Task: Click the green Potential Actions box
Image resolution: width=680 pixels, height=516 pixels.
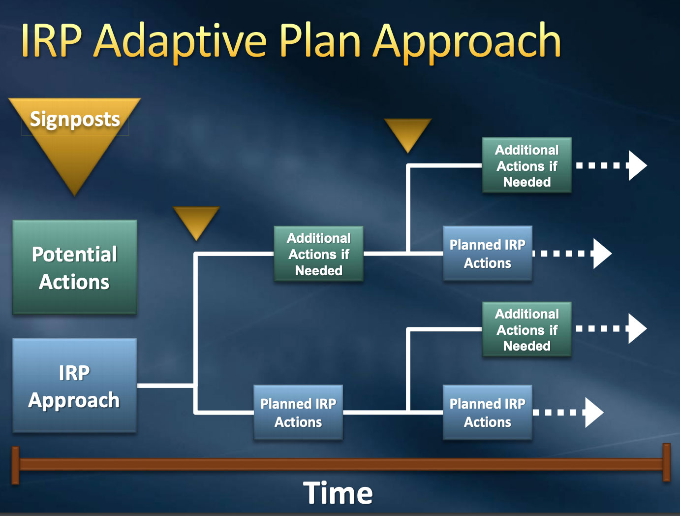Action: (x=74, y=267)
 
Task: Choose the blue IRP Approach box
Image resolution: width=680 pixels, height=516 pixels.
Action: (x=74, y=386)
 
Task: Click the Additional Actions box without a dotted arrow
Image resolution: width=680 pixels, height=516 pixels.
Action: (x=318, y=254)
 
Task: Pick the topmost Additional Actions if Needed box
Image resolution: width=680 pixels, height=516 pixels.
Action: (x=526, y=165)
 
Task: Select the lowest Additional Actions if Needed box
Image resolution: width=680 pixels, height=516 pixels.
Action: (x=526, y=329)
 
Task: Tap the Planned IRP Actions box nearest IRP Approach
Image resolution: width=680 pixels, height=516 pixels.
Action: (x=298, y=413)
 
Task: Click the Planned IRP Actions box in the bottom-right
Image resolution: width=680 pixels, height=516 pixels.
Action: (x=487, y=413)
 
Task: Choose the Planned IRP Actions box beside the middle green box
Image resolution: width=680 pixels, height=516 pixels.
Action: (x=487, y=254)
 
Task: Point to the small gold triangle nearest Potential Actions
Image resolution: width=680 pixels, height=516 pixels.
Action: (x=196, y=221)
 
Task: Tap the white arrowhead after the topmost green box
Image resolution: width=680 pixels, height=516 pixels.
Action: (x=638, y=165)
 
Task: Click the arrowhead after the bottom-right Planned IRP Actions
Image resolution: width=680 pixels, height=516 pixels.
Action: (x=594, y=412)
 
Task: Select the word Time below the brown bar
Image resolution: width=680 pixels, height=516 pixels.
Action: (x=338, y=493)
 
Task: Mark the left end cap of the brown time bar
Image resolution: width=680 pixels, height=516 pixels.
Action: (x=15, y=465)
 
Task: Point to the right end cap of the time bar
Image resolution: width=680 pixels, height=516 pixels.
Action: (x=667, y=462)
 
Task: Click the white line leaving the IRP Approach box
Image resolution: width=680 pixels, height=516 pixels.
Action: (x=165, y=386)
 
